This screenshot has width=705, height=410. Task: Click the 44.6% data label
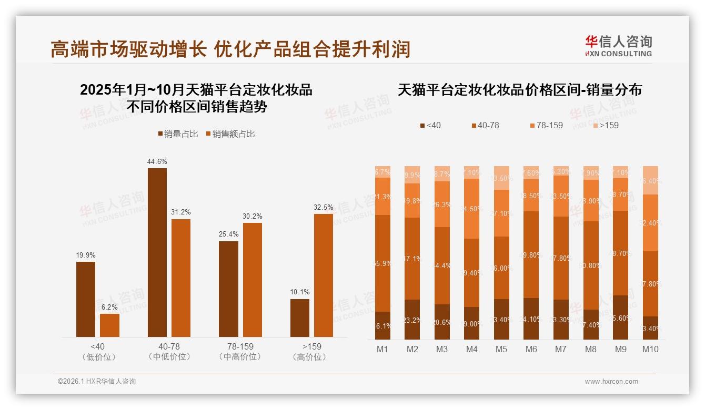click(x=157, y=162)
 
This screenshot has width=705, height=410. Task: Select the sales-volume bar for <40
click(x=86, y=299)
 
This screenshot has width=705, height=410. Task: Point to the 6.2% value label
click(x=109, y=307)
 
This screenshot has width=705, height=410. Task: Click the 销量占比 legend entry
click(x=178, y=134)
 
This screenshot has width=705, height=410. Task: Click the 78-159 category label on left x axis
click(x=240, y=347)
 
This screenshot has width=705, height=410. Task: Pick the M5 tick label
click(x=501, y=349)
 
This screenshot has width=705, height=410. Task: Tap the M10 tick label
click(x=650, y=349)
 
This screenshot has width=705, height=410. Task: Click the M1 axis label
click(x=382, y=349)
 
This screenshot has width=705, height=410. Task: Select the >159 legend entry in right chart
click(x=606, y=125)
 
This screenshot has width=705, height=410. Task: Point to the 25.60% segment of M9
click(x=620, y=317)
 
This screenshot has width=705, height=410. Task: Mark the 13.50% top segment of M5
click(x=501, y=178)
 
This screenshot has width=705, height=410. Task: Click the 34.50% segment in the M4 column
click(x=472, y=209)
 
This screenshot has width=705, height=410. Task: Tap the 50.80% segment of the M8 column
click(x=591, y=265)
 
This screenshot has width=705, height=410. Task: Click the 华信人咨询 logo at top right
click(x=618, y=46)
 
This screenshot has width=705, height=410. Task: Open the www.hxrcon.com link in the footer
click(x=611, y=382)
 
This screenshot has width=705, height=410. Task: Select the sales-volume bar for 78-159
click(x=228, y=289)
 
